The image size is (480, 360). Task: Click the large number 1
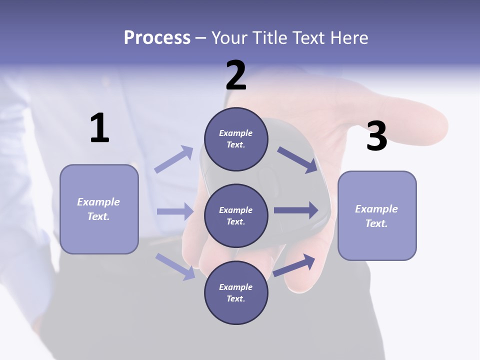pyautogui.click(x=99, y=128)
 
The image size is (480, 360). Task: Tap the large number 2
pyautogui.click(x=236, y=75)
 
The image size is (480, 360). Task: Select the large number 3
pyautogui.click(x=376, y=136)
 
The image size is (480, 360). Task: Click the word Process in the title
pyautogui.click(x=157, y=37)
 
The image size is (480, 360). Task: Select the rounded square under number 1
pyautogui.click(x=99, y=209)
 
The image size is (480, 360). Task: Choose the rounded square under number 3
pyautogui.click(x=377, y=216)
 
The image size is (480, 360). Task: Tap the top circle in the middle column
pyautogui.click(x=236, y=139)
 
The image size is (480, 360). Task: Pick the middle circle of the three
pyautogui.click(x=236, y=215)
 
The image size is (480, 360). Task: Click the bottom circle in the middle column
pyautogui.click(x=236, y=292)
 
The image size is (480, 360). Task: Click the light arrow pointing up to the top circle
pyautogui.click(x=174, y=159)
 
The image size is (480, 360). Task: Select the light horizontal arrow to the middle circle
pyautogui.click(x=175, y=211)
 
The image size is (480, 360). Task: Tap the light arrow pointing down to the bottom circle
pyautogui.click(x=175, y=266)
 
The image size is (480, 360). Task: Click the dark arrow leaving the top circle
pyautogui.click(x=297, y=159)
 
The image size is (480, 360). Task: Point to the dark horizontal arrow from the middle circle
pyautogui.click(x=296, y=210)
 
